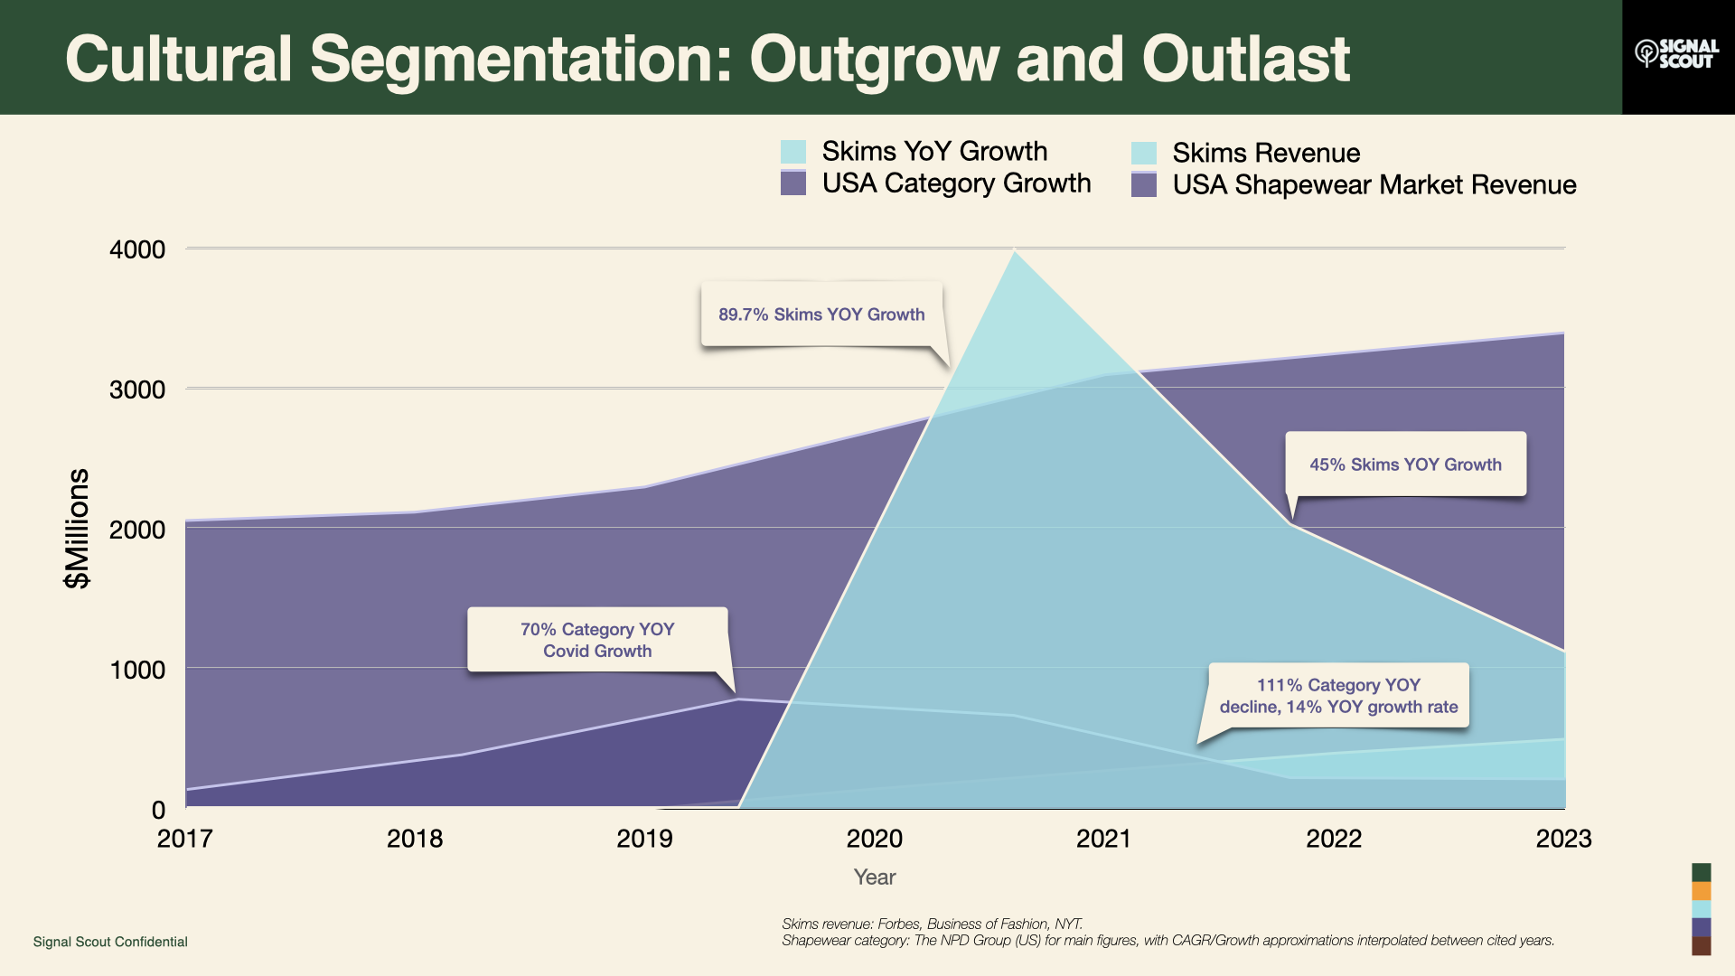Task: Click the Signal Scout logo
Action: (x=1677, y=54)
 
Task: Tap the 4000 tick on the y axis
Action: (x=137, y=249)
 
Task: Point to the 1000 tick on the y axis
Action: (x=137, y=670)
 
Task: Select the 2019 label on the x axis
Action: (x=644, y=839)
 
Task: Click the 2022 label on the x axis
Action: (x=1333, y=839)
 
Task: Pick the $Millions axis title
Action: (x=78, y=529)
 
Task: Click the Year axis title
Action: (x=874, y=877)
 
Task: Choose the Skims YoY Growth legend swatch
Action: (x=792, y=152)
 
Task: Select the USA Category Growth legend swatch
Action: (x=792, y=183)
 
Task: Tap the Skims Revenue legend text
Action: (x=1265, y=153)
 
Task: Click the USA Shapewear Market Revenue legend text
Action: (x=1374, y=185)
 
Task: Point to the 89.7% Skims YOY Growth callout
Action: (x=821, y=314)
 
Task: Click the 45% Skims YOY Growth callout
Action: (x=1405, y=465)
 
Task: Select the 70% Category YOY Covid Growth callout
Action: (x=597, y=640)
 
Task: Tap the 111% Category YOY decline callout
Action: (x=1338, y=696)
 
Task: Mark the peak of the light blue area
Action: (x=1015, y=252)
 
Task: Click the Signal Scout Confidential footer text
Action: (x=110, y=942)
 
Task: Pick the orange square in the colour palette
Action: (x=1702, y=891)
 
